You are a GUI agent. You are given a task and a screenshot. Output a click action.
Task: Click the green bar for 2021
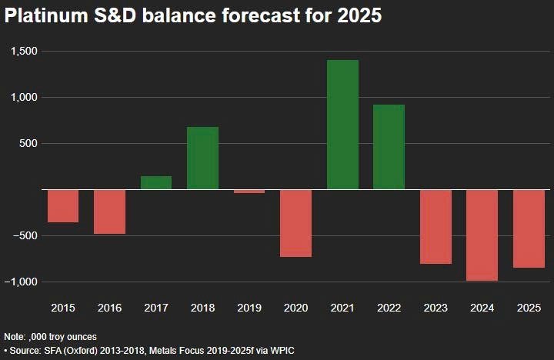tap(342, 124)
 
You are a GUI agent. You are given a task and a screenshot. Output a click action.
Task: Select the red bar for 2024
tap(482, 235)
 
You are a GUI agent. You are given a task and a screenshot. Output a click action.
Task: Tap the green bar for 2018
tap(203, 158)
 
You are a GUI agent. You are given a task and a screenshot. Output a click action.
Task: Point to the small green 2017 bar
tap(156, 182)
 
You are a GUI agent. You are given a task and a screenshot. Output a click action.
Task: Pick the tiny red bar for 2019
tap(249, 191)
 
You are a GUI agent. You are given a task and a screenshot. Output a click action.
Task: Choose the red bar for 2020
tap(295, 223)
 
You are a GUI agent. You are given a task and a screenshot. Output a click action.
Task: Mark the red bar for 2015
tap(63, 205)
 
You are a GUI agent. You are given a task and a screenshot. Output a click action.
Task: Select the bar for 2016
tap(109, 212)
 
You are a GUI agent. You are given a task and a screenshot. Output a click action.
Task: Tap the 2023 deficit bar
tap(436, 226)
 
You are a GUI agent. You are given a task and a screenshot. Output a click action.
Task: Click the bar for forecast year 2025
tap(529, 228)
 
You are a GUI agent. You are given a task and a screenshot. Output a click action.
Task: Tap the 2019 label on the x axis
tap(249, 308)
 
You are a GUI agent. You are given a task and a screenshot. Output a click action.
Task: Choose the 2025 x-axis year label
tap(529, 308)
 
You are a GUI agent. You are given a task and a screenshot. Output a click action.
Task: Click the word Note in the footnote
tap(15, 337)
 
